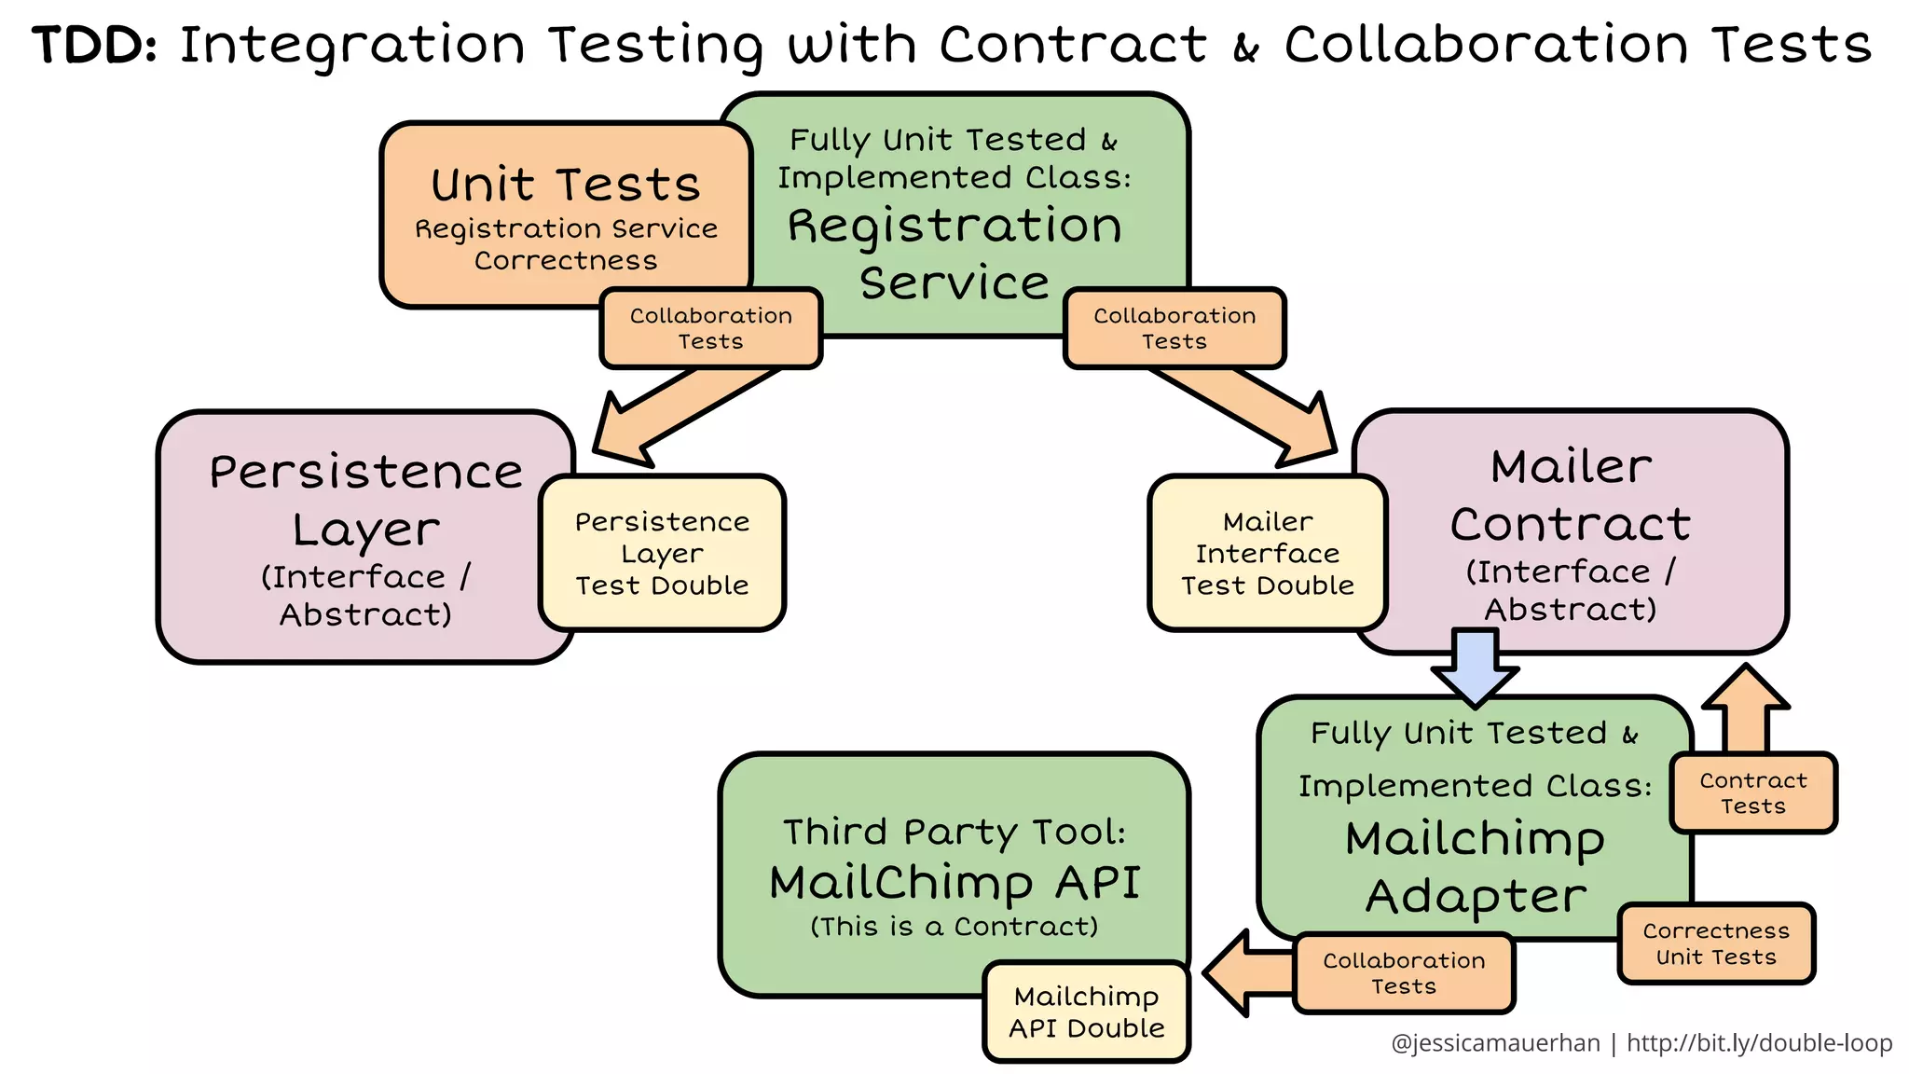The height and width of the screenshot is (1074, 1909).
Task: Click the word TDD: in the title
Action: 93,45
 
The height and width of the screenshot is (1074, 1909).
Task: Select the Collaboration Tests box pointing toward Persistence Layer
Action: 710,328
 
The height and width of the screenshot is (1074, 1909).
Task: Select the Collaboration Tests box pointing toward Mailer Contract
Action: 1174,328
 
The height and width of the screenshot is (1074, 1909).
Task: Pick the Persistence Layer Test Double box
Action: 662,553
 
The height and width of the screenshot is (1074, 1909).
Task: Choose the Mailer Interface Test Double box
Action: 1267,553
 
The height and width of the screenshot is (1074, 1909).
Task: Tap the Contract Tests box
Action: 1752,793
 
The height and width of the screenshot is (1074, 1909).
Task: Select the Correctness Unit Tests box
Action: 1716,943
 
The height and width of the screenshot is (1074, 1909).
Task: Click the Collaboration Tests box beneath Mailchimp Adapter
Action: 1404,973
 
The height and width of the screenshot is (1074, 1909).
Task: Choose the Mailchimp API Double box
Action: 1087,1012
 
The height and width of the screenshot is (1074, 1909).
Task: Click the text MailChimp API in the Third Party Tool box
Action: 954,882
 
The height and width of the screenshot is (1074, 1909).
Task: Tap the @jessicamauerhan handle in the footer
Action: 1494,1043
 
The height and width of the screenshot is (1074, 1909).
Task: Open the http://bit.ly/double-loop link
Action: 1759,1043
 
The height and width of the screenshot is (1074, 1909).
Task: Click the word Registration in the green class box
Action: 954,227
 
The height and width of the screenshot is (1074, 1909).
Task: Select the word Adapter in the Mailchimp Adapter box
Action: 1476,897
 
